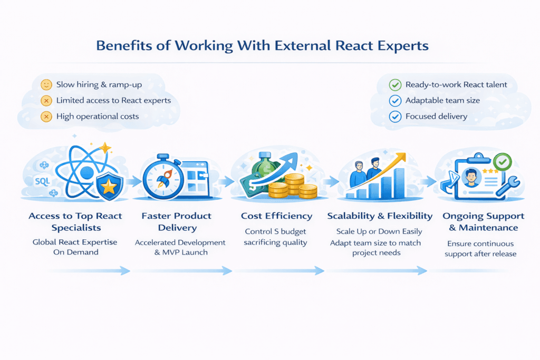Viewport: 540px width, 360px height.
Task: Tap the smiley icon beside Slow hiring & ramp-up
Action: [x=46, y=85]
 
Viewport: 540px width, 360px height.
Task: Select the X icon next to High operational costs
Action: [x=46, y=116]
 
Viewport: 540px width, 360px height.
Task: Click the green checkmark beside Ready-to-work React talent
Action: [x=394, y=85]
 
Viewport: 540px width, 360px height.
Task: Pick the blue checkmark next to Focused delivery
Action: [x=394, y=116]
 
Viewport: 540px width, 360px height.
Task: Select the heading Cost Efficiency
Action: [x=276, y=216]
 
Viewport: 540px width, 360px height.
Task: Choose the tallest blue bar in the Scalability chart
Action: [x=399, y=182]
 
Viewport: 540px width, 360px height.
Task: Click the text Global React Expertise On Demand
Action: [x=75, y=247]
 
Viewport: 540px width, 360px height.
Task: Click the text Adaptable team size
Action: [x=442, y=100]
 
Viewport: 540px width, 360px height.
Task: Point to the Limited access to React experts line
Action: [x=113, y=100]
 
